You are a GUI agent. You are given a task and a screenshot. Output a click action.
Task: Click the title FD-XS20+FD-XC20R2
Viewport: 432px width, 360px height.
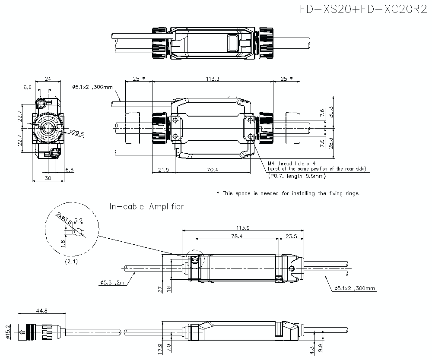(x=363, y=10)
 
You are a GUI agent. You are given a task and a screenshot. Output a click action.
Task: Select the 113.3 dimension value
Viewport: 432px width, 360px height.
(x=213, y=79)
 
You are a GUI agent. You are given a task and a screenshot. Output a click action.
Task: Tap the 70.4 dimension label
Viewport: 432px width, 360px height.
(x=212, y=170)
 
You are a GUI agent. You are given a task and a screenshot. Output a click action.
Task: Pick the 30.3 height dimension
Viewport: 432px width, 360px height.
(x=331, y=112)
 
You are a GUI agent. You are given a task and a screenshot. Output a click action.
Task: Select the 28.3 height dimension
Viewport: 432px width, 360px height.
(x=331, y=142)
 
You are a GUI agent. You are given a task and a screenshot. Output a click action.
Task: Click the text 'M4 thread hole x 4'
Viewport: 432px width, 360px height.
(x=292, y=164)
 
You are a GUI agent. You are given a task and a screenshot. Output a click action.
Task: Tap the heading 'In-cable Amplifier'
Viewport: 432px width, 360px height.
(x=146, y=207)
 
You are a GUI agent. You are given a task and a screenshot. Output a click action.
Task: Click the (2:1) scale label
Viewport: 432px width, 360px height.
(x=71, y=262)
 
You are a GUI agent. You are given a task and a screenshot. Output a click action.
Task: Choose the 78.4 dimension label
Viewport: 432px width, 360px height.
(x=236, y=236)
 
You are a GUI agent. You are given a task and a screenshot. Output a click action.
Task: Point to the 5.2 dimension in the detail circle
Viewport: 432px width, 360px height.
(x=79, y=220)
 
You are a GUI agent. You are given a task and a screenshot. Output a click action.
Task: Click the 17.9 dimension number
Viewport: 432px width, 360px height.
(x=161, y=348)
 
